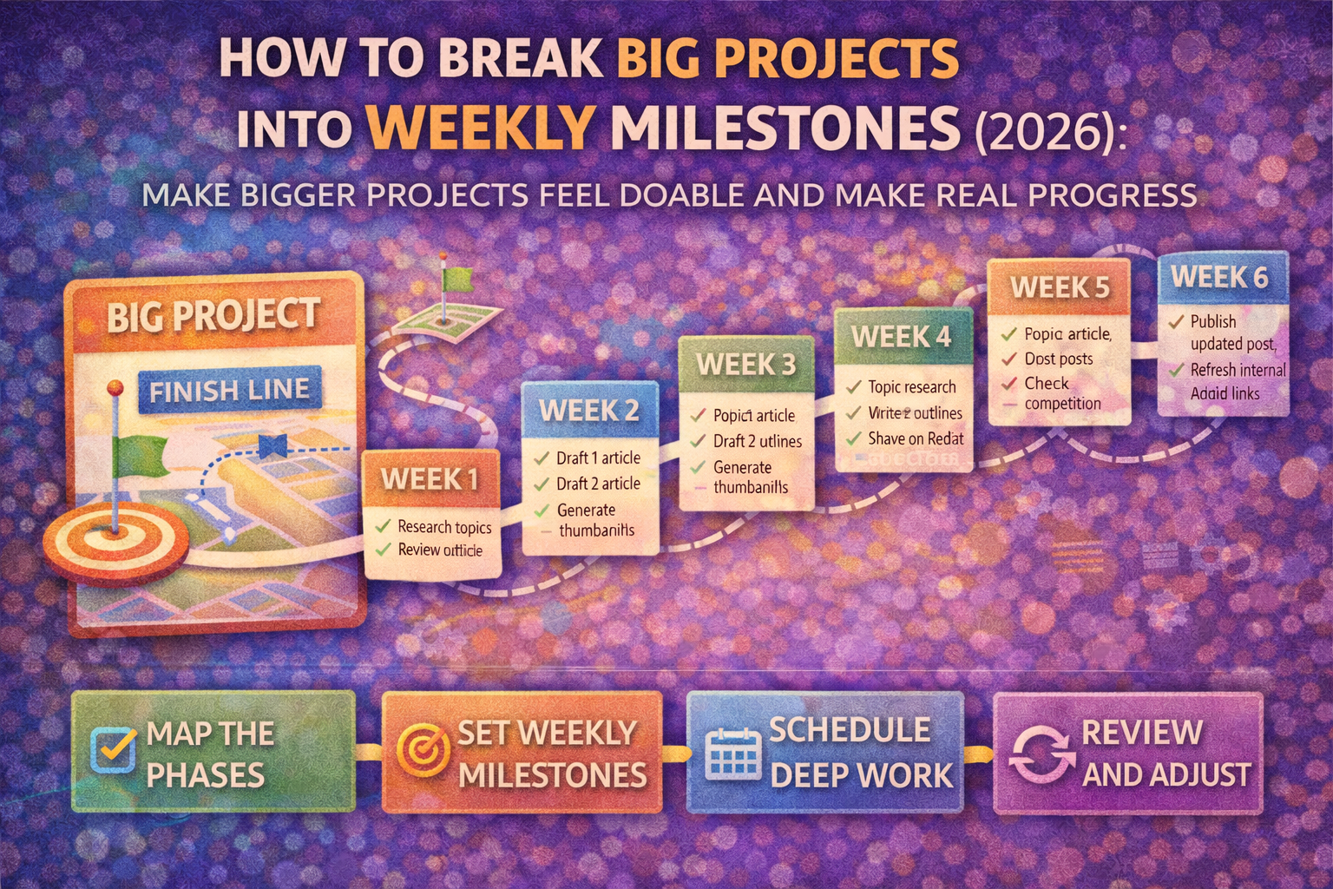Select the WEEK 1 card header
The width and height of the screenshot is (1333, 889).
tap(430, 479)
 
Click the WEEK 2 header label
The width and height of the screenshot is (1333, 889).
tap(589, 410)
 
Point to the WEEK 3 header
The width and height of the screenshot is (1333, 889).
tap(745, 364)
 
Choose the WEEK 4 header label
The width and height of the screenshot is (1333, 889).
tap(901, 336)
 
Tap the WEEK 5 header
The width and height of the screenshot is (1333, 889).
tap(1059, 287)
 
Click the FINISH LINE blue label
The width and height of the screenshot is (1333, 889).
tap(229, 391)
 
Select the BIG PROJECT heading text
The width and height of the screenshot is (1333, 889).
tap(213, 316)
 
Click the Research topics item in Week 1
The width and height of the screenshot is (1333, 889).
tap(444, 527)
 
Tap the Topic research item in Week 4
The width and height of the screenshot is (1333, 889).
tap(911, 387)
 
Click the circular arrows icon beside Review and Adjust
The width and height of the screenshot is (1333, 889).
tap(1041, 753)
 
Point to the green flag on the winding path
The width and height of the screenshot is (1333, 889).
tap(456, 280)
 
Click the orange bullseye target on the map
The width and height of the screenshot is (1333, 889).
tap(115, 538)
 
